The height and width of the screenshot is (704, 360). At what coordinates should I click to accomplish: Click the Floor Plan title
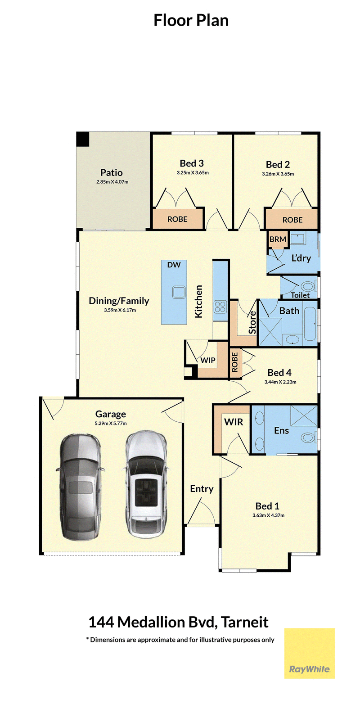(191, 20)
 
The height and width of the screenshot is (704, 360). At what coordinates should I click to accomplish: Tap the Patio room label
(112, 172)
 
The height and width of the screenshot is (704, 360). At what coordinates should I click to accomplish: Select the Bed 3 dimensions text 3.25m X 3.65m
(193, 172)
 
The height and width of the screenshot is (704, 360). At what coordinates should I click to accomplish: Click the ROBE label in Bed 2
(292, 220)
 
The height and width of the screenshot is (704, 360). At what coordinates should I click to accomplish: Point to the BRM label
(278, 239)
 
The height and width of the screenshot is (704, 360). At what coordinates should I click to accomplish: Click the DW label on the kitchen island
(174, 265)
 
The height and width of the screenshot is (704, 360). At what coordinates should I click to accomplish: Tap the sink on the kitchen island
(179, 292)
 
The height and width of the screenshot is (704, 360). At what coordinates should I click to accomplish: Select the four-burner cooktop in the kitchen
(220, 307)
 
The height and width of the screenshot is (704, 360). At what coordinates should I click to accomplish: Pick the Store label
(252, 322)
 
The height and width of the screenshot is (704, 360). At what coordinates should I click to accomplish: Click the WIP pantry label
(207, 360)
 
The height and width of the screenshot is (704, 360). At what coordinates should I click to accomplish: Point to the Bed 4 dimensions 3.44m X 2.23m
(280, 382)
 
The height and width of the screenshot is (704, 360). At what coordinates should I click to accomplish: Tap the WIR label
(234, 422)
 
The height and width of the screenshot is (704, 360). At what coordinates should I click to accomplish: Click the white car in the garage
(146, 486)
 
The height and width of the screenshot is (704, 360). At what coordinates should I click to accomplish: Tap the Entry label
(202, 489)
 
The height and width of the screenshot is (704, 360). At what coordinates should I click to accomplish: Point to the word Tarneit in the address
(244, 622)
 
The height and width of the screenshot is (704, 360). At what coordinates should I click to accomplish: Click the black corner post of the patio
(83, 139)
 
